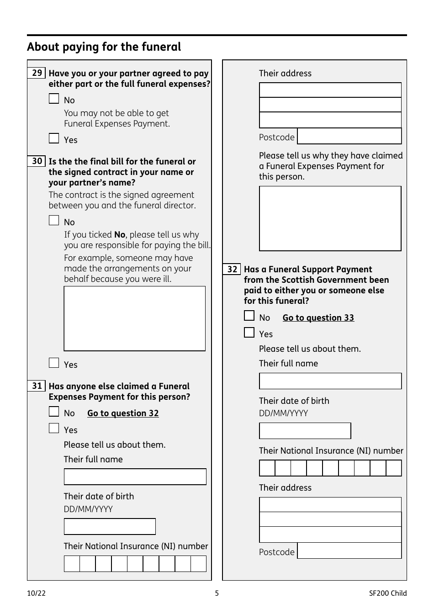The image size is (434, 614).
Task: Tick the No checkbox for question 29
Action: [54, 99]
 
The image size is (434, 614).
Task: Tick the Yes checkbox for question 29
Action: [54, 138]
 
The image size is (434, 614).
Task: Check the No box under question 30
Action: [54, 221]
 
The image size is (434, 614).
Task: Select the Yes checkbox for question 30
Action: [54, 363]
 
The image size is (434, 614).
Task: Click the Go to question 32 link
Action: [123, 413]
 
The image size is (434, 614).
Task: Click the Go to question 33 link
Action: [318, 318]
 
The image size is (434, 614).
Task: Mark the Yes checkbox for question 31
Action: [54, 429]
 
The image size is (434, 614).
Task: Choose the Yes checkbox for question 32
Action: [249, 333]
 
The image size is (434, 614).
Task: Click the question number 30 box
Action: [37, 161]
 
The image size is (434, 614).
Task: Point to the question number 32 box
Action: [232, 269]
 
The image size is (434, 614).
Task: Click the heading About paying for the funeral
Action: [104, 47]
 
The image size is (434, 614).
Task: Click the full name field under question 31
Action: [135, 476]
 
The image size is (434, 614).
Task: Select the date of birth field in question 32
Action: [305, 431]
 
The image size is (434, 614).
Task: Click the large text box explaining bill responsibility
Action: [135, 318]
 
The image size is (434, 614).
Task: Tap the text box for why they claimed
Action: [330, 218]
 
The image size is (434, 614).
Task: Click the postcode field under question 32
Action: [349, 551]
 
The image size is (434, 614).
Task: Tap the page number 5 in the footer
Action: [217, 593]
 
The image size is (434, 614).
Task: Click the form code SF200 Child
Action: [388, 593]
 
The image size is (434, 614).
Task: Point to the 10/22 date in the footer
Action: [37, 593]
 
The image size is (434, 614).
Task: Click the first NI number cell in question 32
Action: [267, 468]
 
